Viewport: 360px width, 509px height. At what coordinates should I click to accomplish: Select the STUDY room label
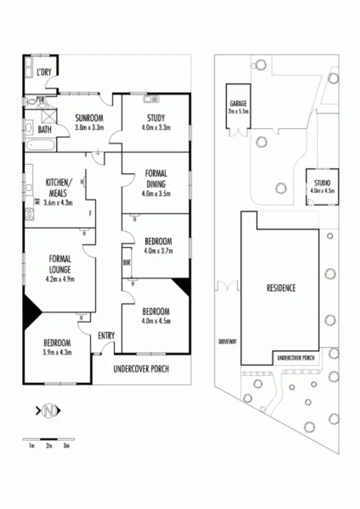point(156,118)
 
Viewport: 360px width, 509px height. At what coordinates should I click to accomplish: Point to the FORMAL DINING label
point(156,179)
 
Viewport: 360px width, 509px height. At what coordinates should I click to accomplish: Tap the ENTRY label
point(106,336)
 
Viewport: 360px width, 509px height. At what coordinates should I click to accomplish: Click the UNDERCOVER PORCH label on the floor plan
point(141,369)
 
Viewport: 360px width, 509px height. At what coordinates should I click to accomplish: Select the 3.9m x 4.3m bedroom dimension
point(58,352)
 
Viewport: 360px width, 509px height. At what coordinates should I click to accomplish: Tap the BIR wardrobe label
point(127,262)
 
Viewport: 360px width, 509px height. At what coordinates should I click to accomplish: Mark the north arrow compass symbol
point(48,411)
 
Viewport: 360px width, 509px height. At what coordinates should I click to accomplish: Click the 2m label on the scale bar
point(49,446)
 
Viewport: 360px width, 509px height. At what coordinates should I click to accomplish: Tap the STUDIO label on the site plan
point(323,183)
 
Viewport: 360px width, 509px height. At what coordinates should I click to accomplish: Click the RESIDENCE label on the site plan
point(281,288)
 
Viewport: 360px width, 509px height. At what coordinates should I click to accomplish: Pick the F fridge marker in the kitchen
point(90,213)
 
